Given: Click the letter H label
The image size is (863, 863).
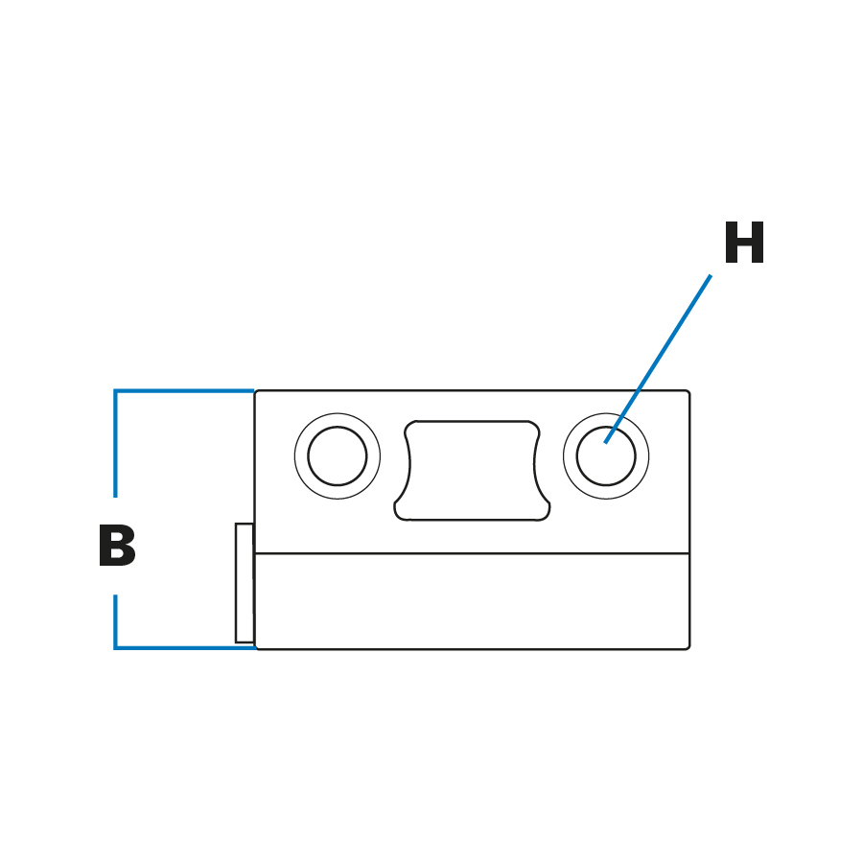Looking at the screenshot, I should point(744,245).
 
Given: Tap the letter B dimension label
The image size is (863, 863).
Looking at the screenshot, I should point(117,548).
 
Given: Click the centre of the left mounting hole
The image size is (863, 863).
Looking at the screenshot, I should point(338,456).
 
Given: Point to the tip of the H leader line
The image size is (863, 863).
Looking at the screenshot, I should point(606,442).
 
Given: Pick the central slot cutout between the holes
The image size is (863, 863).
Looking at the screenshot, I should point(472,471).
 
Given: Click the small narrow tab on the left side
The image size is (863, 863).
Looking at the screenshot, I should point(245,583).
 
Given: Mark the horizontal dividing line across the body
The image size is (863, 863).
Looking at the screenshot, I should point(472,553).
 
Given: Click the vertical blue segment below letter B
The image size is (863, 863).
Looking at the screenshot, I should point(115,621).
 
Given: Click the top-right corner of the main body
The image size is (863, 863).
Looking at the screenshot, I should point(688,392).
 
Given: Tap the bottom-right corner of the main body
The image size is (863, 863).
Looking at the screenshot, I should point(688,647).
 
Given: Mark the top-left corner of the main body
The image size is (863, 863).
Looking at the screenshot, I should point(256,392).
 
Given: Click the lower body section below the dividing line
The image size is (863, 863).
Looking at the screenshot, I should point(472,601).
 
